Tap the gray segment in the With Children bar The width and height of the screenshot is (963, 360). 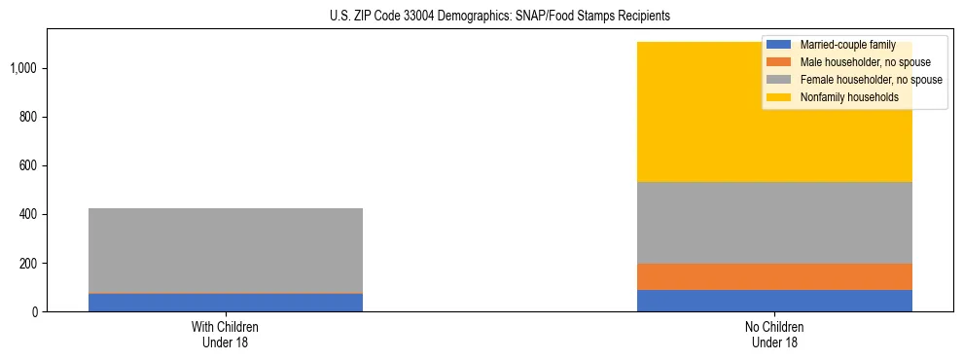click(225, 250)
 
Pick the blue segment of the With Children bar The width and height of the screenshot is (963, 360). click(225, 303)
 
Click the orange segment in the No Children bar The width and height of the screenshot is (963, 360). click(774, 276)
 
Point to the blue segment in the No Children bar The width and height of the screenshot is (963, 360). click(774, 301)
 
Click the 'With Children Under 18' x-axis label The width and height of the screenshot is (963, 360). click(225, 334)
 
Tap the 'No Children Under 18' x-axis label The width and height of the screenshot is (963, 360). click(774, 334)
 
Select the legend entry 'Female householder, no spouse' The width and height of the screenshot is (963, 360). click(871, 80)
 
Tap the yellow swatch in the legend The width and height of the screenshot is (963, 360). click(779, 97)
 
